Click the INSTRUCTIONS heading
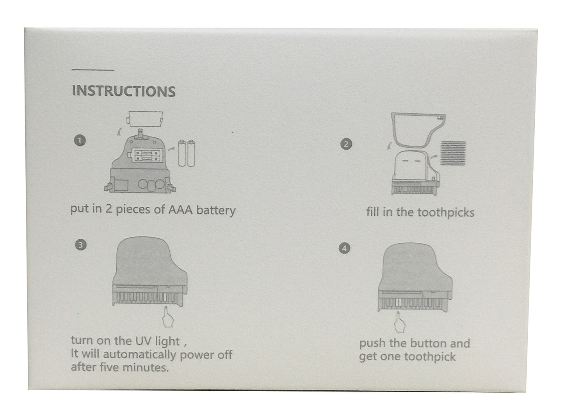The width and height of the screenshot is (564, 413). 124,91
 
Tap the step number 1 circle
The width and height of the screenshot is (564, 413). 80,141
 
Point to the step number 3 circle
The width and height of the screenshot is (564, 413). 80,245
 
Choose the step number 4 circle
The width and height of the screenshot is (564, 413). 344,249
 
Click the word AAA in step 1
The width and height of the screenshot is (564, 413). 180,210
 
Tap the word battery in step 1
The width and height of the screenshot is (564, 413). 216,210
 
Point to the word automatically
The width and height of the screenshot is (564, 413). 139,354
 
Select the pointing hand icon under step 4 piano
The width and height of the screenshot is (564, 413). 399,322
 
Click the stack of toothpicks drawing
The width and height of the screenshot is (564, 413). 453,154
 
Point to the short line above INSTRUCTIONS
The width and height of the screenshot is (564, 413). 93,70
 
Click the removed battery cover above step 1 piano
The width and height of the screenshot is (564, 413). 145,119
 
